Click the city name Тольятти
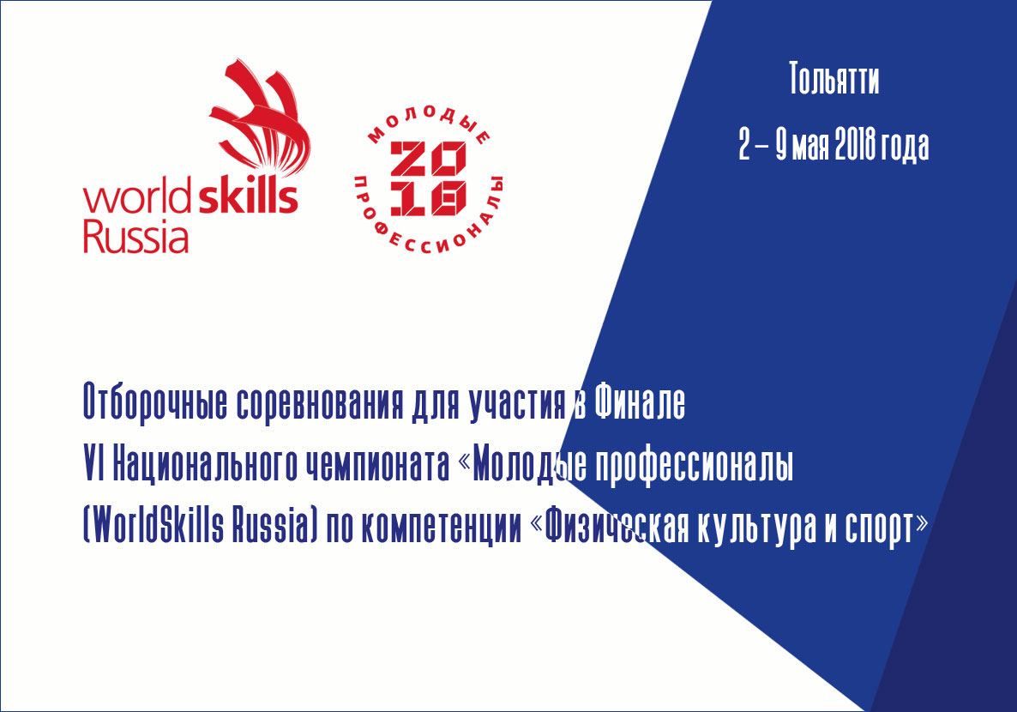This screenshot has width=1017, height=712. click(x=834, y=79)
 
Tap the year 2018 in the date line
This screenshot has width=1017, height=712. click(x=854, y=144)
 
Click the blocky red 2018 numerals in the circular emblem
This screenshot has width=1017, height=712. click(x=428, y=178)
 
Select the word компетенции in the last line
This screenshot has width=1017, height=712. click(x=441, y=528)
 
